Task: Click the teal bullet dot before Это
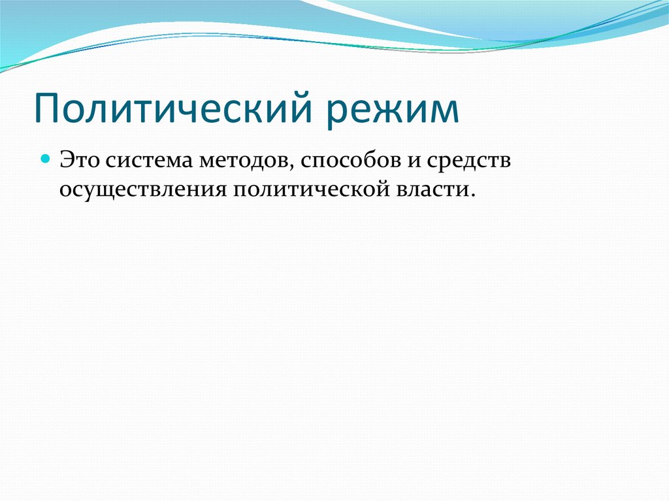(x=46, y=159)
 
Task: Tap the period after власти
(x=468, y=194)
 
